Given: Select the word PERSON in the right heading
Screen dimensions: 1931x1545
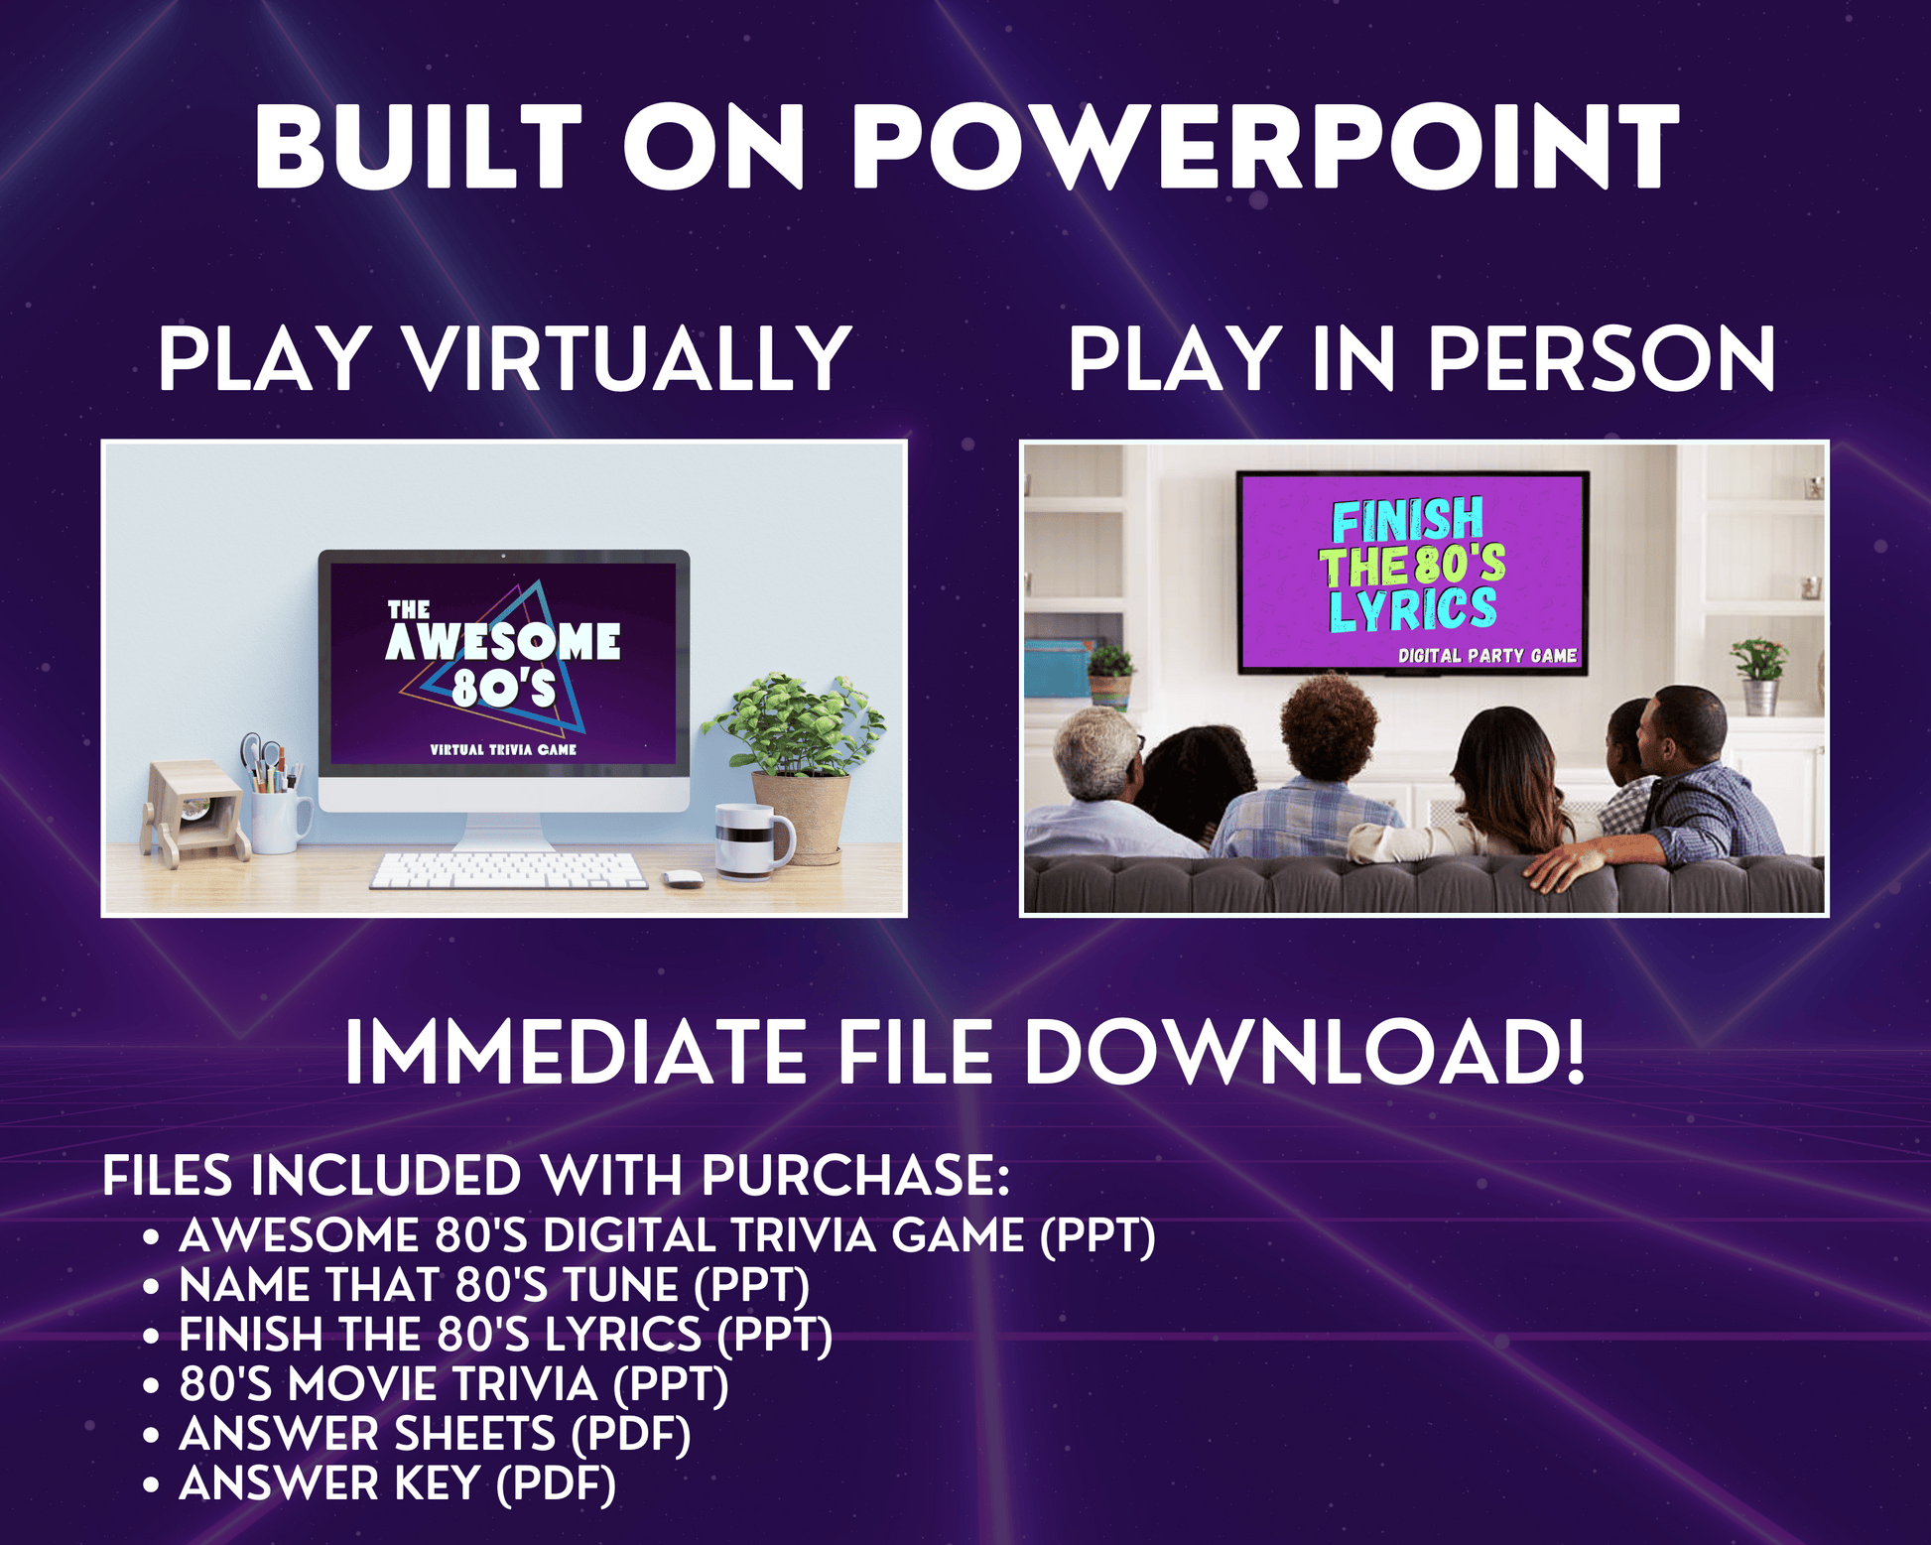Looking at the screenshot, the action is [x=1602, y=359].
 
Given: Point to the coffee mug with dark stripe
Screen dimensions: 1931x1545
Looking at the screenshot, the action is [x=753, y=840].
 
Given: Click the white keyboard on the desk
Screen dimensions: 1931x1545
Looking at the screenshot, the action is [x=508, y=870].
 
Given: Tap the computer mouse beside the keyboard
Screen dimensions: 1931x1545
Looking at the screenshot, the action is [x=682, y=879].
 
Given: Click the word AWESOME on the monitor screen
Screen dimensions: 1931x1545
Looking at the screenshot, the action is [x=503, y=642].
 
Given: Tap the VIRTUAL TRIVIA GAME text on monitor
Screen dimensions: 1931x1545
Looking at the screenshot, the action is [x=503, y=749].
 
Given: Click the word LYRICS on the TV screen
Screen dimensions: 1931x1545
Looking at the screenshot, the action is [x=1413, y=608].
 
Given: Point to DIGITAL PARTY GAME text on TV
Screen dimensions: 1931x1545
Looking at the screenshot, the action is [x=1487, y=655].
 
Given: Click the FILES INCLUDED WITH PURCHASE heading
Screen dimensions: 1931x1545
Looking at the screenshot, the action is [x=556, y=1176].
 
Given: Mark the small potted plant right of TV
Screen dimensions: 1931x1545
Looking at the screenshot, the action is [x=1759, y=676].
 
